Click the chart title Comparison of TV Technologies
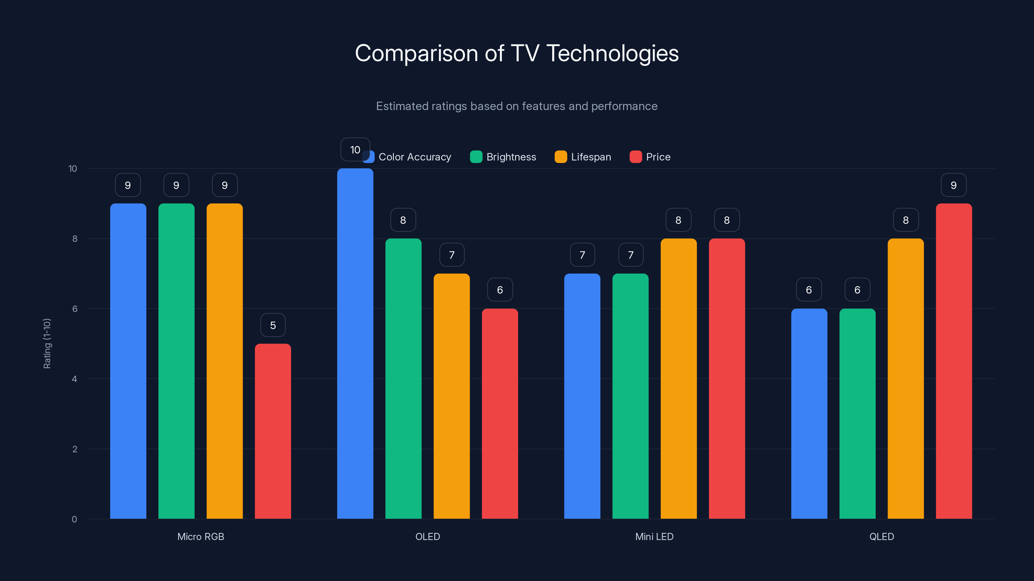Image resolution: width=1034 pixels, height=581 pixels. click(x=517, y=53)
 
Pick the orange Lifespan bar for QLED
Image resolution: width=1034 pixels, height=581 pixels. click(x=905, y=379)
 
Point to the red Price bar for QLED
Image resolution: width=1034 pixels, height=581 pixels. click(x=954, y=361)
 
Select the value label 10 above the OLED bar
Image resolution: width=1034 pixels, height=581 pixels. click(x=355, y=149)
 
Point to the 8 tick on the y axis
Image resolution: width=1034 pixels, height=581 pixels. click(x=75, y=239)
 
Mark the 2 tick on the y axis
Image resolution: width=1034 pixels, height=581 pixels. click(x=75, y=449)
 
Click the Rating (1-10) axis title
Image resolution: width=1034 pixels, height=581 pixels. click(x=47, y=343)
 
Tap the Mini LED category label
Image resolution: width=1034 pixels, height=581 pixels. click(x=654, y=536)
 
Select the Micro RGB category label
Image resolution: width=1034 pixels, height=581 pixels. click(x=201, y=536)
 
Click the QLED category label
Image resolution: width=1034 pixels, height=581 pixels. click(x=881, y=536)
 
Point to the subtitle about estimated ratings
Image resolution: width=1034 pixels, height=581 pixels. click(x=517, y=106)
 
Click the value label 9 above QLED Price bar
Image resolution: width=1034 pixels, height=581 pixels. click(x=954, y=185)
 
